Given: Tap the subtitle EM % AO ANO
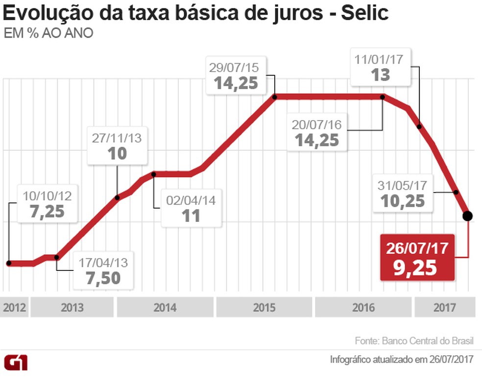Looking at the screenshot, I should (48, 33).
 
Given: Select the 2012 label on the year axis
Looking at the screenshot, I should (14, 308).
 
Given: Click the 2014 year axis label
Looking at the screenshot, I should (165, 308).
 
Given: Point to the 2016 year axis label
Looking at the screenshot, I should (363, 308).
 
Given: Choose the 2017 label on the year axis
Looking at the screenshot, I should (445, 308).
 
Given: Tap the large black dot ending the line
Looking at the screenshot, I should (467, 216).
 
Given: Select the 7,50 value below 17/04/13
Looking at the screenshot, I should (103, 278).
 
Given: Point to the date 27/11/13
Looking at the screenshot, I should (117, 138).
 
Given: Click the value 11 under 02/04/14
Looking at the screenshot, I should (191, 216).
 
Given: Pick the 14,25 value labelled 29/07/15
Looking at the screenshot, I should (236, 83).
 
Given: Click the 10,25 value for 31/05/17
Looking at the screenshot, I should (403, 201).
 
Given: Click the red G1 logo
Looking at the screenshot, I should (16, 363).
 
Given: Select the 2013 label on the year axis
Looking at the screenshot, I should (72, 308).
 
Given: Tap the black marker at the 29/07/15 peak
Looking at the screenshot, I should (275, 97).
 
